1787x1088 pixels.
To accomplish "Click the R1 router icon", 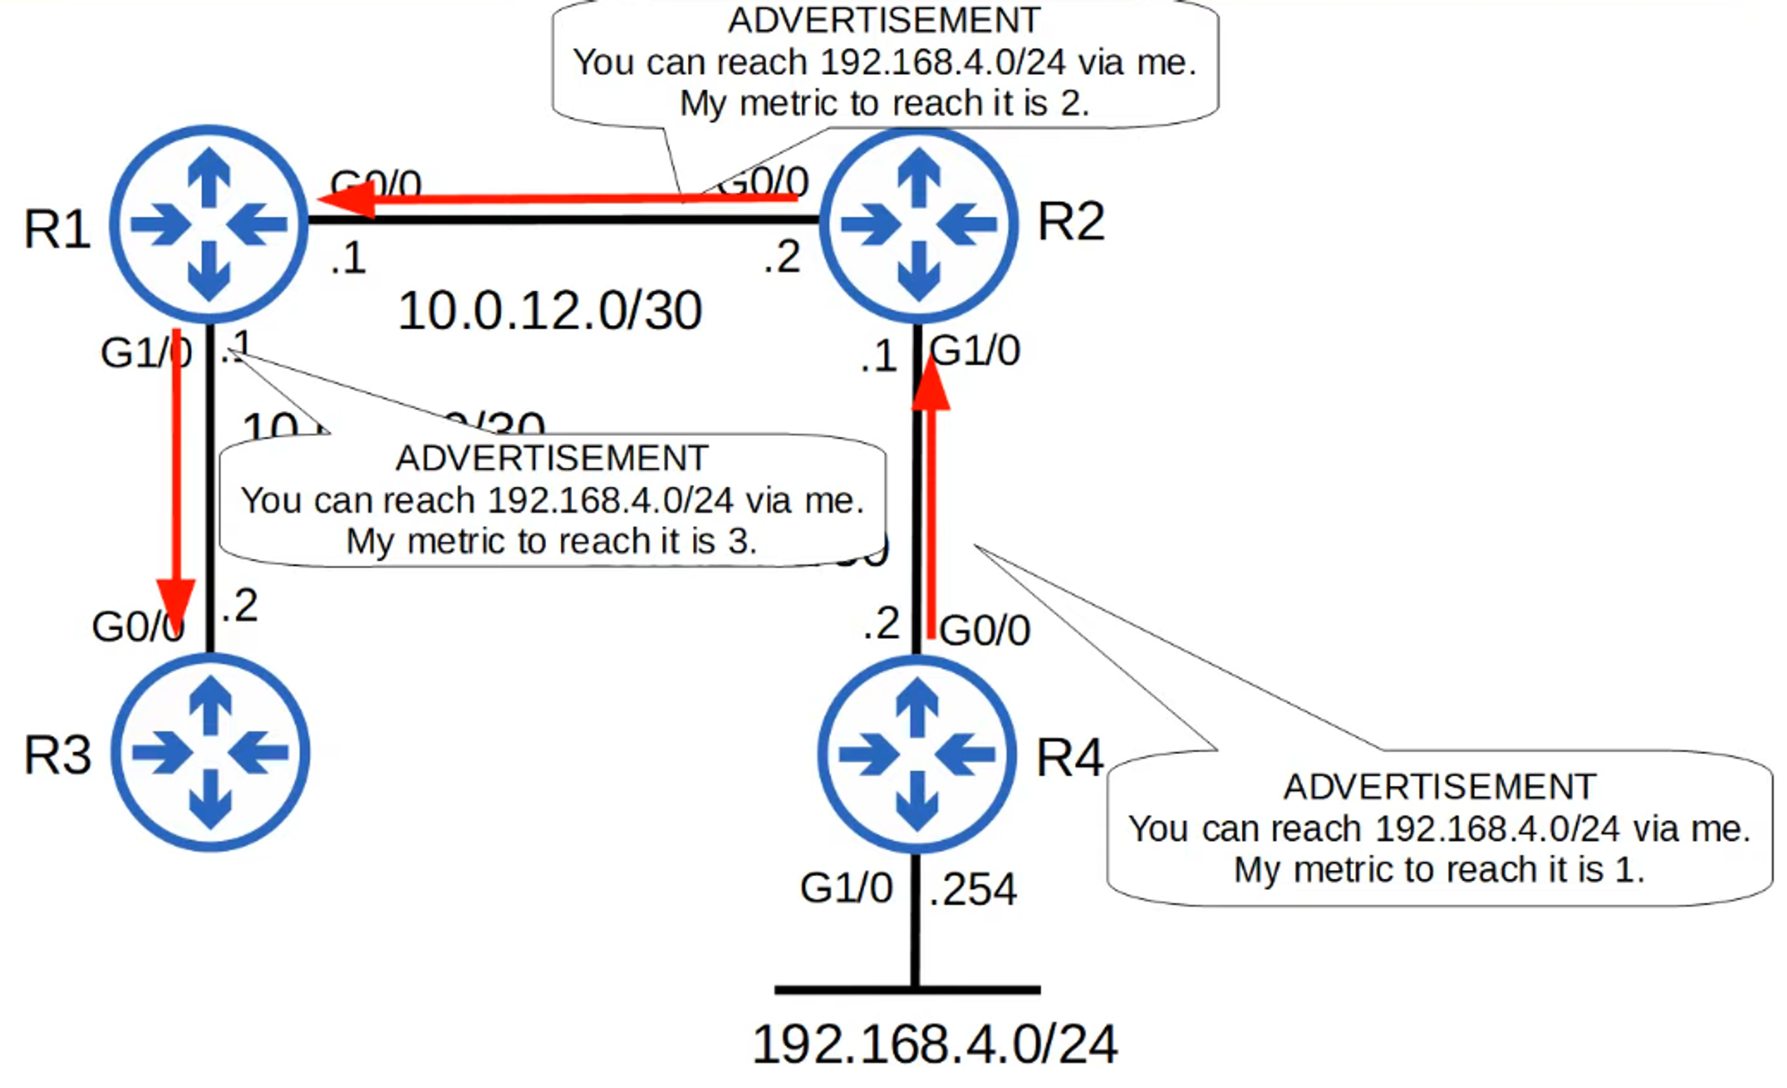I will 209,223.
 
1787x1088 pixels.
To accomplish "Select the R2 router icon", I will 919,223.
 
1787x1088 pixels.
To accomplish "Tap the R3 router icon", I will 211,752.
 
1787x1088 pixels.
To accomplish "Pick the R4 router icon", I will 917,754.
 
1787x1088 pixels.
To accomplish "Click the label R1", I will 57,229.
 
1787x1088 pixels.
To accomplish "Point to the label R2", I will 1070,222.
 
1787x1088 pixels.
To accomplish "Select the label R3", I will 57,756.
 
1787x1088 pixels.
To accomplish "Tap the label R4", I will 1070,758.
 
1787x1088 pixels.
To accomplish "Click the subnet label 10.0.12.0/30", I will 550,311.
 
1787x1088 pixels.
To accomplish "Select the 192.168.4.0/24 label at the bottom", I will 935,1043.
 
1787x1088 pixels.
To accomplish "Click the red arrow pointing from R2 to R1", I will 554,198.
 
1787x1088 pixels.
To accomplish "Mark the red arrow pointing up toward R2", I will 931,500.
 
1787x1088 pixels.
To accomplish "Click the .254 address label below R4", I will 972,890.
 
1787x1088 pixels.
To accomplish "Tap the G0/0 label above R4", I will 985,631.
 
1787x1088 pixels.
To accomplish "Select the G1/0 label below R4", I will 846,888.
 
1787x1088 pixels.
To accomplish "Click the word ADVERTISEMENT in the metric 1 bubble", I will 1439,787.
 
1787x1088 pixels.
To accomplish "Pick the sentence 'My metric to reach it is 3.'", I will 551,541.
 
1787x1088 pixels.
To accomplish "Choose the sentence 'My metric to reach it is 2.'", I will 885,104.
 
